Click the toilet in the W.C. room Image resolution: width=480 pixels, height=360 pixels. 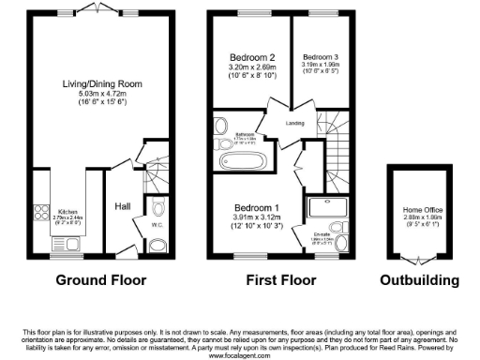pos(156,245)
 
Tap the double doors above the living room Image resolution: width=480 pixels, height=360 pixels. pos(94,7)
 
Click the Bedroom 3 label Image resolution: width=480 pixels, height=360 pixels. pos(321,56)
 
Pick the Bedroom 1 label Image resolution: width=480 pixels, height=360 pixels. pos(255,205)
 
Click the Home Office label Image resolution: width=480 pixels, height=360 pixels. pos(419,209)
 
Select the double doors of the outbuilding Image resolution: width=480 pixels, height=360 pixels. pos(418,255)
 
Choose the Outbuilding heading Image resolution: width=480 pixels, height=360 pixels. pos(419,279)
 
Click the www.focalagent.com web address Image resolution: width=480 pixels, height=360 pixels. pos(240,353)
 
